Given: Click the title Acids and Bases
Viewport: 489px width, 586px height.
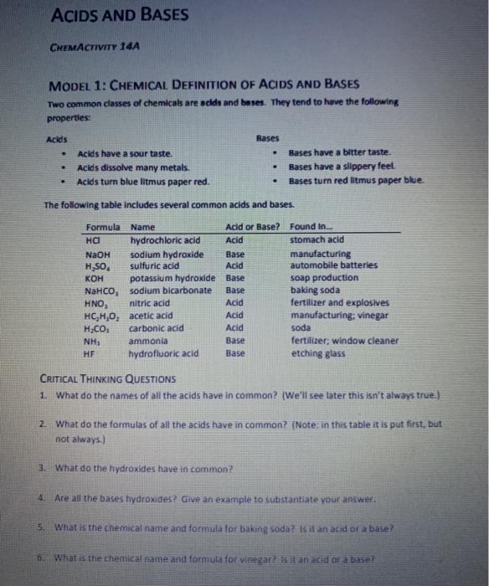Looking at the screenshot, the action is pyautogui.click(x=120, y=15).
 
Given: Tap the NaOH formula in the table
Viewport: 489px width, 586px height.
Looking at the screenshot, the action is pyautogui.click(x=98, y=254).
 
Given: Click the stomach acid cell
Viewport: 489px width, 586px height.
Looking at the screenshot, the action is pyautogui.click(x=317, y=240).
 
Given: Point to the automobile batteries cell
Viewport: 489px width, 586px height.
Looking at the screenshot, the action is pyautogui.click(x=334, y=265).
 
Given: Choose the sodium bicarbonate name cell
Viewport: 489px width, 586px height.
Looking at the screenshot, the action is pyautogui.click(x=171, y=290).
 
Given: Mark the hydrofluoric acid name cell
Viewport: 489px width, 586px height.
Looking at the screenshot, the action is pyautogui.click(x=165, y=353).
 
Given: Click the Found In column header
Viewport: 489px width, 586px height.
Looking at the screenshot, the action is pyautogui.click(x=311, y=226).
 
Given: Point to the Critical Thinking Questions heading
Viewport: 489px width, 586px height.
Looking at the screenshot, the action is pyautogui.click(x=108, y=378).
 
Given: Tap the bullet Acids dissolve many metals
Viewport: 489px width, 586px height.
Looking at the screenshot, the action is pyautogui.click(x=132, y=167).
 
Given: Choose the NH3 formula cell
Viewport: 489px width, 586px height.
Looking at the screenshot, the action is pyautogui.click(x=93, y=341).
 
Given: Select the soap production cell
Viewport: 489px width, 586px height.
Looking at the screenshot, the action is pyautogui.click(x=324, y=278).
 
